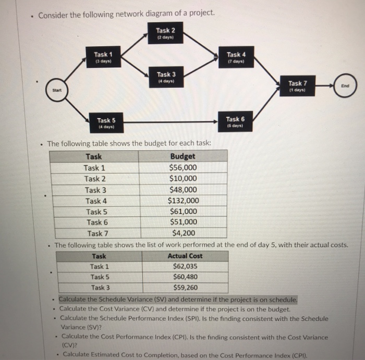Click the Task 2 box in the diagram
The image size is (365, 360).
(165, 33)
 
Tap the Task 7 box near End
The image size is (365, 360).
(298, 86)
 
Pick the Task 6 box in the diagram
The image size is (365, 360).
(233, 122)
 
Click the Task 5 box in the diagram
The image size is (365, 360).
(106, 123)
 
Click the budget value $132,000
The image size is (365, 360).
(183, 201)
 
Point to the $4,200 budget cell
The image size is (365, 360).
(183, 233)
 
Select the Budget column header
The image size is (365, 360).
(182, 156)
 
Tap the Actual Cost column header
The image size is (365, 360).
(185, 256)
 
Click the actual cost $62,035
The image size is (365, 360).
(185, 267)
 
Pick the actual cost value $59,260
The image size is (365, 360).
(185, 288)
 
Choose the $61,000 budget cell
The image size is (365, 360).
(183, 212)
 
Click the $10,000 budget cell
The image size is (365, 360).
(183, 179)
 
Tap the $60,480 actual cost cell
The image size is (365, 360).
(185, 277)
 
